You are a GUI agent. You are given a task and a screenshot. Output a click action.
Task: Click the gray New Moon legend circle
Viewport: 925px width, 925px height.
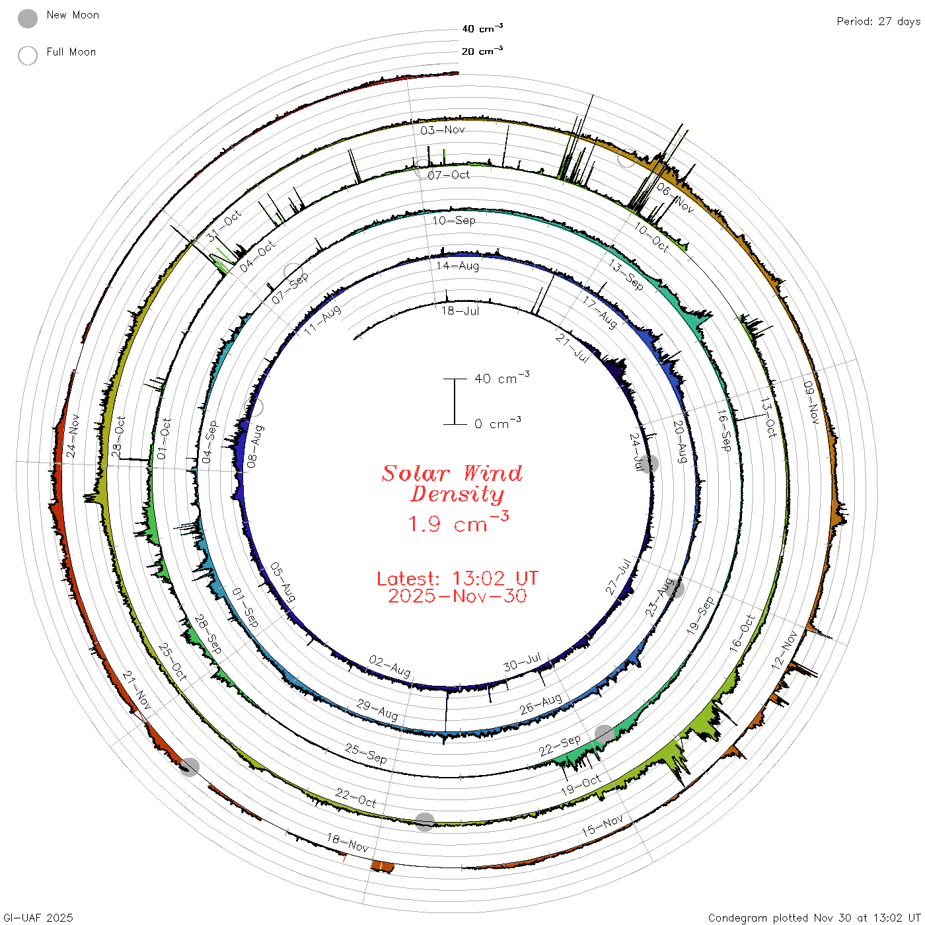click(x=27, y=18)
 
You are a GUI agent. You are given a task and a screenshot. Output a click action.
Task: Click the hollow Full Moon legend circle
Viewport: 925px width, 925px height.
click(x=27, y=55)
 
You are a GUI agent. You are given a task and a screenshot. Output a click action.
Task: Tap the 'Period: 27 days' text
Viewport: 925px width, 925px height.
click(x=878, y=22)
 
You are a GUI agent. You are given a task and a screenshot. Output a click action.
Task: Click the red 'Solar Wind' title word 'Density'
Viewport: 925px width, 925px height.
click(x=457, y=494)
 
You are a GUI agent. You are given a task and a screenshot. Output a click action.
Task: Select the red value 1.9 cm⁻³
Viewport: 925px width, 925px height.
click(x=459, y=523)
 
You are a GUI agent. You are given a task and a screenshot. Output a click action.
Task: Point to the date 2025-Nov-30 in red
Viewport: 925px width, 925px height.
click(x=457, y=596)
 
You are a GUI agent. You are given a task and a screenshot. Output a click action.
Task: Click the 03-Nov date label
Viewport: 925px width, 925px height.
click(x=442, y=129)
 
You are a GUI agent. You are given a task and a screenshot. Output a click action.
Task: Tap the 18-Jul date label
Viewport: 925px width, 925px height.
click(x=460, y=311)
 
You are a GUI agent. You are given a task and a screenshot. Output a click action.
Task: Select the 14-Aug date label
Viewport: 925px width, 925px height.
click(x=457, y=266)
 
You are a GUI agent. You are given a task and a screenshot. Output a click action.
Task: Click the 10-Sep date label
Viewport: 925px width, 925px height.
click(x=454, y=220)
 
